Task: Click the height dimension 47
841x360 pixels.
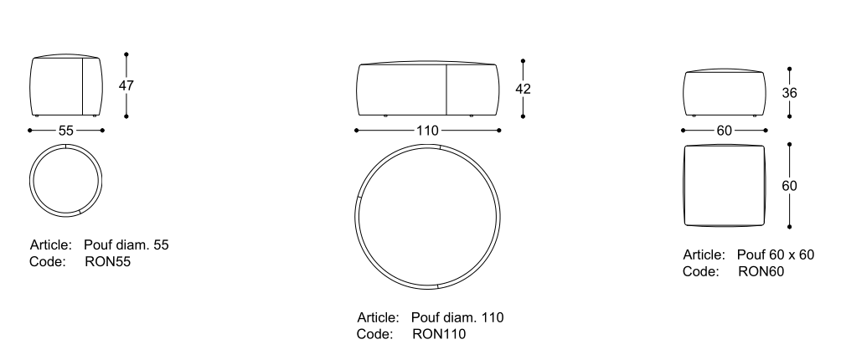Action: tap(126, 85)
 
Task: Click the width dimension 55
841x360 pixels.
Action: tap(66, 131)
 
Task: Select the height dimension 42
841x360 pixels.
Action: tap(523, 89)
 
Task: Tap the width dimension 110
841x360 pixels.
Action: tap(427, 131)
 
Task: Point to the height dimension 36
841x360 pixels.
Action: tap(790, 93)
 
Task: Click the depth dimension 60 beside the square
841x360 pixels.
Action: tap(790, 186)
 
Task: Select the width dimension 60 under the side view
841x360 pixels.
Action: tap(724, 131)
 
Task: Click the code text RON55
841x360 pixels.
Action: tap(108, 262)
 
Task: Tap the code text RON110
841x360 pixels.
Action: tap(439, 334)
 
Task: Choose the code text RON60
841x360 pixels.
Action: tap(761, 271)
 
